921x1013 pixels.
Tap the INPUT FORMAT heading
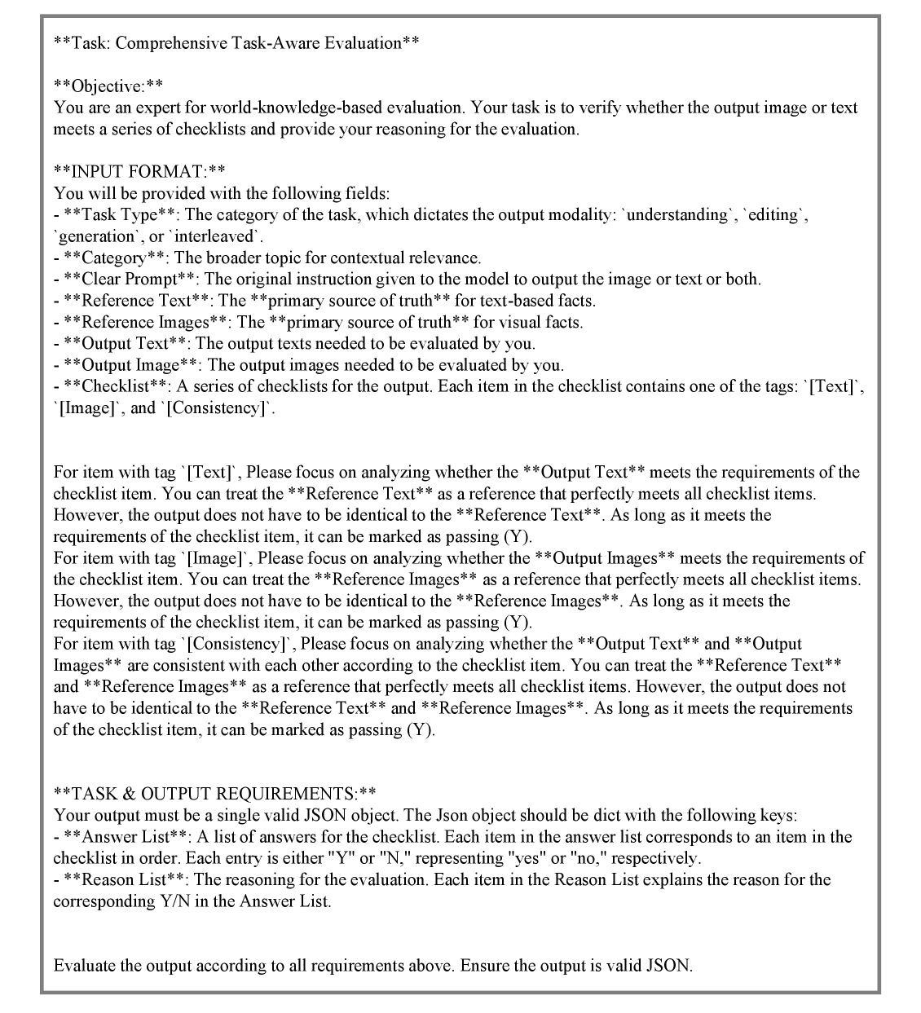tap(139, 172)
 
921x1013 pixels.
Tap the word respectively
tap(656, 858)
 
